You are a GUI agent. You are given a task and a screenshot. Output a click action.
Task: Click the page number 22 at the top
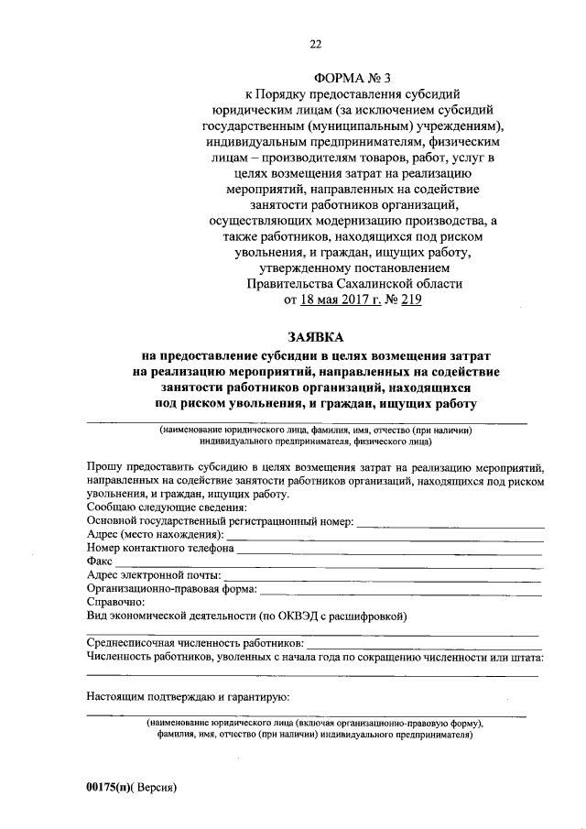[315, 43]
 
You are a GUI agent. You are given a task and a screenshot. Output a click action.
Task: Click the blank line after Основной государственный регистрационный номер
[450, 523]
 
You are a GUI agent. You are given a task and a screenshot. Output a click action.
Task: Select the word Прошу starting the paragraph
[104, 467]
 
